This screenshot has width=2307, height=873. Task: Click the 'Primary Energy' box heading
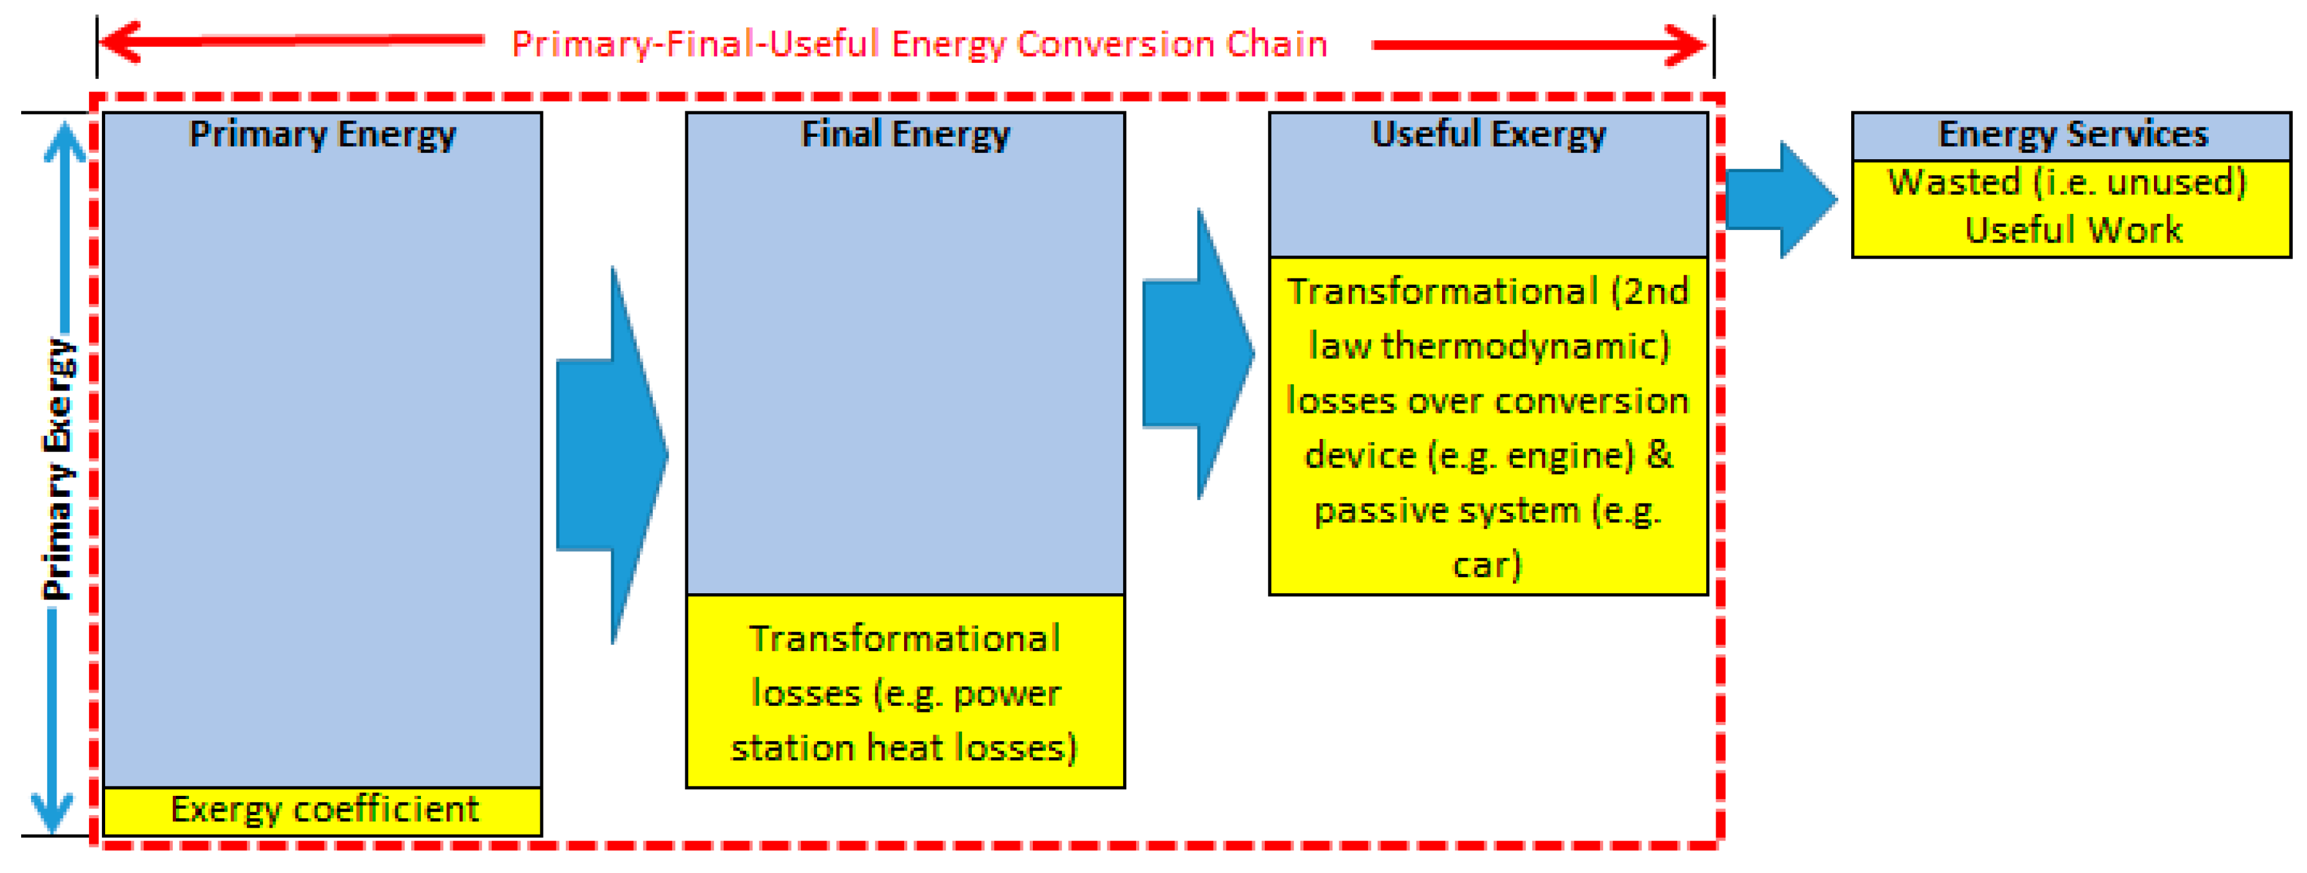coord(322,134)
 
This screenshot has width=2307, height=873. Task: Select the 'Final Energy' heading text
coord(905,134)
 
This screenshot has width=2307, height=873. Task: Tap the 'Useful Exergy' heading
coord(1489,134)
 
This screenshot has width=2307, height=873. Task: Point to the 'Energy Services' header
coord(2073,134)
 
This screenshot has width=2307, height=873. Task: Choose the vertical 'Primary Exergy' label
coord(59,469)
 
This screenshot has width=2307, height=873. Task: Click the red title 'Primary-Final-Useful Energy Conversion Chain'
coord(919,44)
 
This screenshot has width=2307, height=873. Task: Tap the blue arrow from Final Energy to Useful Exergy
coord(1198,354)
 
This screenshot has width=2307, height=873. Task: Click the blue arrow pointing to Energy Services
coord(1782,200)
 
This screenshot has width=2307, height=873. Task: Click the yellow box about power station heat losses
coord(905,691)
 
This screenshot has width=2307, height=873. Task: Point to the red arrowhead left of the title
coord(120,42)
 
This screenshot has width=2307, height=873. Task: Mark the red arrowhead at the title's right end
coord(1685,45)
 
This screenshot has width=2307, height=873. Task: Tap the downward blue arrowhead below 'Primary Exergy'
coord(53,813)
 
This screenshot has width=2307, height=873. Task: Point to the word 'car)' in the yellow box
coord(1487,566)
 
